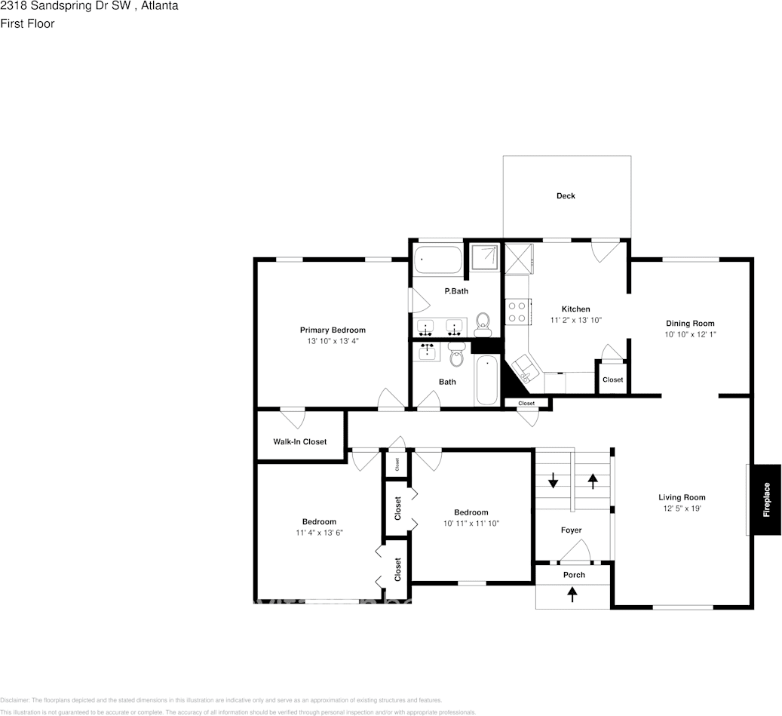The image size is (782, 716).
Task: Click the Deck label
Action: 566,196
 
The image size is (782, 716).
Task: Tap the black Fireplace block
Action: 766,499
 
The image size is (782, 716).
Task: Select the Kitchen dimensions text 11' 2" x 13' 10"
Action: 576,320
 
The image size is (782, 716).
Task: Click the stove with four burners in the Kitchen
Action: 517,312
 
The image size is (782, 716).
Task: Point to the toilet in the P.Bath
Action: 483,325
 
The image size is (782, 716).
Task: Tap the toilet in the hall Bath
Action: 456,353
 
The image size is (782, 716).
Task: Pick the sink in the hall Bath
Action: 429,352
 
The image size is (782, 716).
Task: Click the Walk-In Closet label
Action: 300,441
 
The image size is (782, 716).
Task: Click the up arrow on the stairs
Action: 593,479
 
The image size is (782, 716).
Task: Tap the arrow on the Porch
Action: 572,595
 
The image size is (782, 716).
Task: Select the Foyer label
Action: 572,530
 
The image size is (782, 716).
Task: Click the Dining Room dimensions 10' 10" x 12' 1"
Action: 690,334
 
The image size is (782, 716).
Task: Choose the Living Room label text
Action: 682,497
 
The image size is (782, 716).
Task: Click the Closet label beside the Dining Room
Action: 612,380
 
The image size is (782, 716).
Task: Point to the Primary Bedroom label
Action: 333,330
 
